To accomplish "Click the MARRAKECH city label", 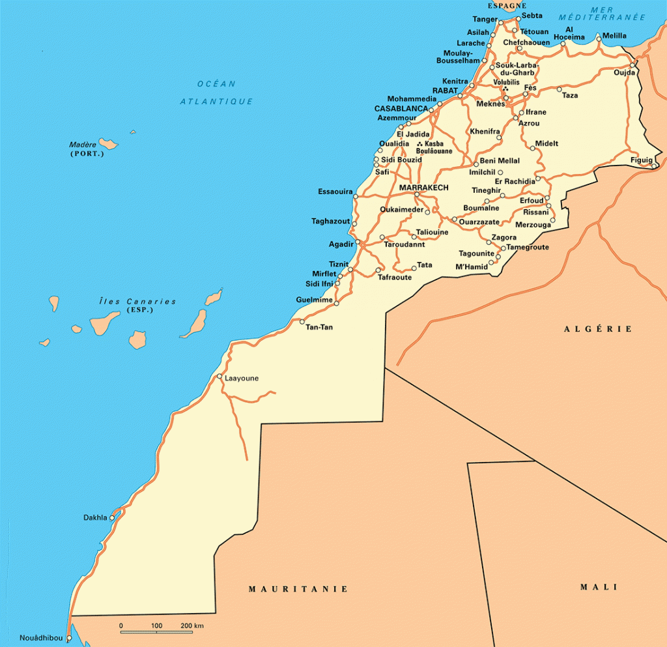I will pos(423,188).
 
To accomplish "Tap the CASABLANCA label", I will pos(401,108).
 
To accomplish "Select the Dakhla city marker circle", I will pos(112,518).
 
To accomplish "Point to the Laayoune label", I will pos(242,378).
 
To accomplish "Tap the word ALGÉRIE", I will pos(598,329).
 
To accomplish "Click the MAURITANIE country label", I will pos(298,589).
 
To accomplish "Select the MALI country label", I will pos(598,587).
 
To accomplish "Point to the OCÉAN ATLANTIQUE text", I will pos(217,92).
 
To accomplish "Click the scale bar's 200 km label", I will pos(193,625).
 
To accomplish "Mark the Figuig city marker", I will pos(654,166).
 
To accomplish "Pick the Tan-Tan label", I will pos(319,327).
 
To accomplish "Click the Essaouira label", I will pos(335,192).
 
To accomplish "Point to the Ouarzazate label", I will pos(479,222).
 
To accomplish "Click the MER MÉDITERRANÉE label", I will pos(606,14).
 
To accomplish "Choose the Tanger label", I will pos(485,19).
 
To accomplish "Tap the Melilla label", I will pos(614,36).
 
